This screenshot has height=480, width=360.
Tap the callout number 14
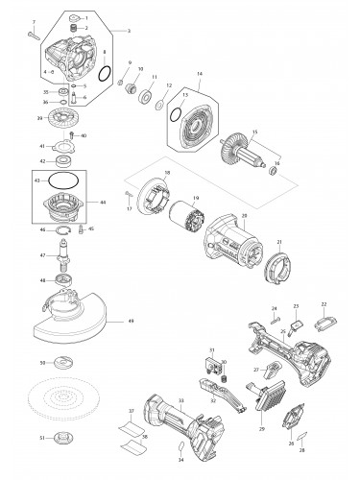[x=200, y=73]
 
